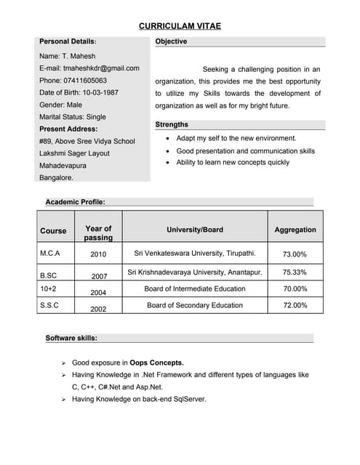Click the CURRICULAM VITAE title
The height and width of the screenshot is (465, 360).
(x=180, y=26)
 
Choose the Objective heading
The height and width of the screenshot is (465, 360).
(x=171, y=41)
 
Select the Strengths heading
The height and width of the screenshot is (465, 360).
(x=172, y=125)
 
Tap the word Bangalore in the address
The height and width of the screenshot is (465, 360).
(x=56, y=177)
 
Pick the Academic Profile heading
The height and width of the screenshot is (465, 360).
(x=75, y=201)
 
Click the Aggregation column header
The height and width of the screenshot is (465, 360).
(x=295, y=230)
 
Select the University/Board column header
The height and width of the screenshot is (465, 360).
(x=194, y=230)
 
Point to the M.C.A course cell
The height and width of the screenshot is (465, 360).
(x=50, y=254)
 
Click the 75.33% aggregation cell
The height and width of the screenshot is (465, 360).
(x=295, y=272)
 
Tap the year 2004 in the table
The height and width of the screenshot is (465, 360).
(x=98, y=292)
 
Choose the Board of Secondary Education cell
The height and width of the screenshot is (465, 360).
(x=194, y=305)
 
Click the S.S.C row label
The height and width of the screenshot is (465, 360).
(x=49, y=305)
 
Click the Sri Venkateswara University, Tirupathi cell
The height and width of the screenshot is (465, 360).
(x=194, y=254)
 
